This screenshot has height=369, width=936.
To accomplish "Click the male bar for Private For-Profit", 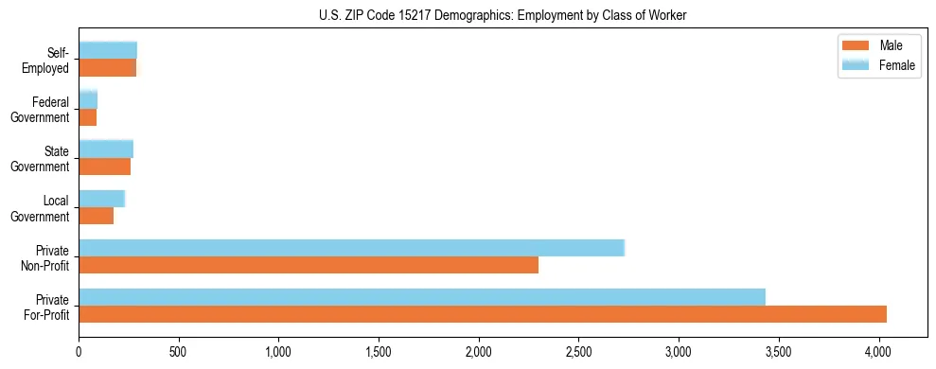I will point(483,314).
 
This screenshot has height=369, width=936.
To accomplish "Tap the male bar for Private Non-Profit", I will point(309,265).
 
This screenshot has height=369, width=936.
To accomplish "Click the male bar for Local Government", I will point(97,216).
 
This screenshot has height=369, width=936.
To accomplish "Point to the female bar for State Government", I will point(106,149).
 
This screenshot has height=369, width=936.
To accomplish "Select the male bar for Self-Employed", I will point(108,68).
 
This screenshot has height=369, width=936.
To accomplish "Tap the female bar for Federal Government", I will point(88,100).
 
